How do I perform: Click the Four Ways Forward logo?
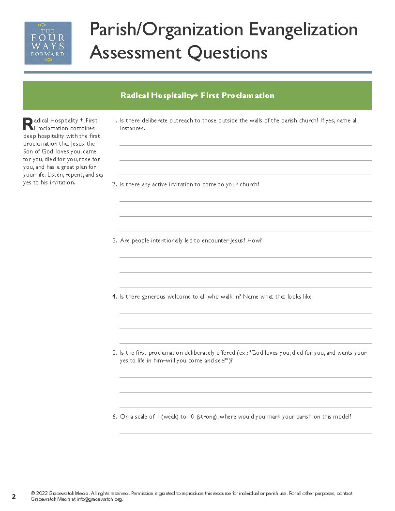click(48, 43)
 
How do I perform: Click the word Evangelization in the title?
click(304, 30)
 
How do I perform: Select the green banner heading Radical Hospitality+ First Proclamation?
click(197, 95)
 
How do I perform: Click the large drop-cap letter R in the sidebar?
click(28, 124)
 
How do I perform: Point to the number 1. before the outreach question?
click(114, 120)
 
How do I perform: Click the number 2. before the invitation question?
click(114, 184)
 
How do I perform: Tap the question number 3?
click(114, 240)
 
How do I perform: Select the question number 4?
click(114, 297)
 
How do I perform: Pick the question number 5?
click(114, 353)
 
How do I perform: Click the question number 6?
click(114, 416)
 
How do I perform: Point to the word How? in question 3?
click(255, 240)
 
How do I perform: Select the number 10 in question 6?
click(190, 416)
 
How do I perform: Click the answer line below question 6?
click(245, 433)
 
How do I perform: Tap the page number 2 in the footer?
click(14, 496)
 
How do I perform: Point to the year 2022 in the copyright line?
click(42, 494)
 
